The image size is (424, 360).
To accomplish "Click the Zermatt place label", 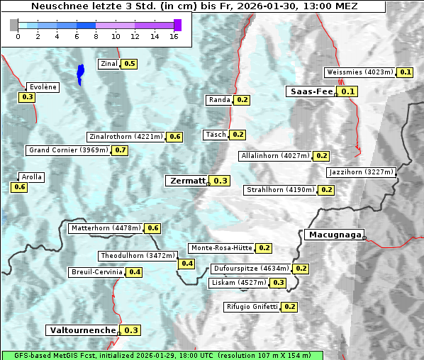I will (x=186, y=181).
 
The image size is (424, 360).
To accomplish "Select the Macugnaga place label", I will (x=333, y=235).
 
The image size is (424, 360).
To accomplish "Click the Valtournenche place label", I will (x=82, y=330).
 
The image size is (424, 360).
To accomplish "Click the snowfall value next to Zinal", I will (x=129, y=64).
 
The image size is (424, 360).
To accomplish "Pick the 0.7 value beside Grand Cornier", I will (x=120, y=150).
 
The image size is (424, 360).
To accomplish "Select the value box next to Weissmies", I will (x=406, y=72).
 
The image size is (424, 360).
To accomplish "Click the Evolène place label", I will (x=42, y=86).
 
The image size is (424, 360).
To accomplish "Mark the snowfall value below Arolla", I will (x=19, y=187).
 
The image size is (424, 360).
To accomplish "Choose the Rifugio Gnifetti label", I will (x=252, y=307).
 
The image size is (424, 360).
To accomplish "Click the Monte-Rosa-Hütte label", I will (x=221, y=248).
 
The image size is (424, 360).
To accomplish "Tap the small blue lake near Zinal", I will (x=80, y=72).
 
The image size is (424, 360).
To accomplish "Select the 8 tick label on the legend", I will (x=96, y=35).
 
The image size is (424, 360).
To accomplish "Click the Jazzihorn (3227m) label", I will (x=350, y=172).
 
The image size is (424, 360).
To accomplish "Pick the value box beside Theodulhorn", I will (x=187, y=264).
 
